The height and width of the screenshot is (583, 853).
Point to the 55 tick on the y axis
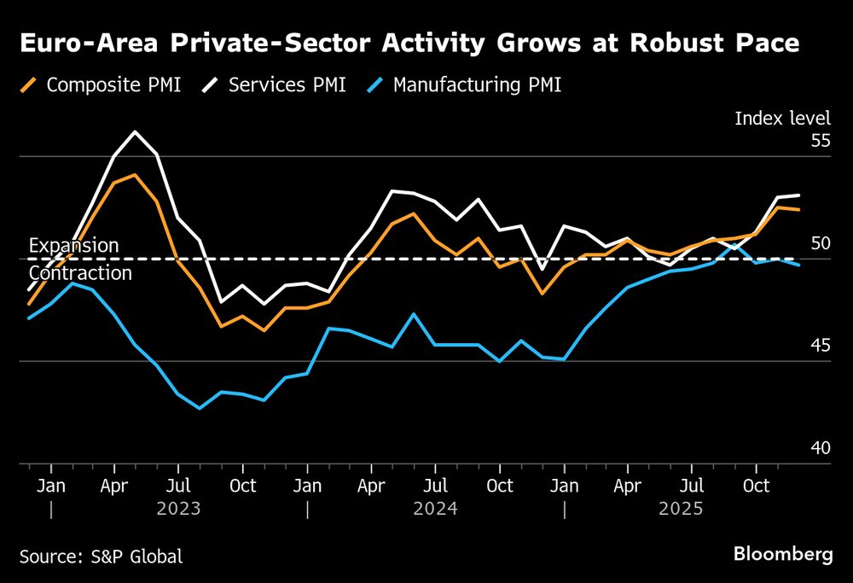click(820, 141)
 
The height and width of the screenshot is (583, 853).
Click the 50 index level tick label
click(820, 243)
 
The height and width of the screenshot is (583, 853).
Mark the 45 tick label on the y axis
click(820, 346)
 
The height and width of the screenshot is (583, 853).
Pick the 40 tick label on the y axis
click(820, 448)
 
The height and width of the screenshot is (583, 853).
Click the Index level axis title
click(782, 119)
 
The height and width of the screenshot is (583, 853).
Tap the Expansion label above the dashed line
click(74, 246)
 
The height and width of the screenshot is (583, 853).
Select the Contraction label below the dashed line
click(80, 273)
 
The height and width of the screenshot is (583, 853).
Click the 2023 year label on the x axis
click(179, 510)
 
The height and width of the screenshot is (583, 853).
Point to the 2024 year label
click(435, 510)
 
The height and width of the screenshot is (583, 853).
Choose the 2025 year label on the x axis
click(681, 510)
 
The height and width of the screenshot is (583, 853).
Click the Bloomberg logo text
click(783, 555)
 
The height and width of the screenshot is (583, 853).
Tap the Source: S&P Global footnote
click(101, 557)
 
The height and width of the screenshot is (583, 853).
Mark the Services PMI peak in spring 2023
click(136, 131)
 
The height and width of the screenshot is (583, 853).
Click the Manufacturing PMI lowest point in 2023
click(200, 408)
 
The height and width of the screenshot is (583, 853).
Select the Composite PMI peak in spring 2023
click(135, 174)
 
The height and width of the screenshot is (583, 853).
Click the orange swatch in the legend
click(29, 85)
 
